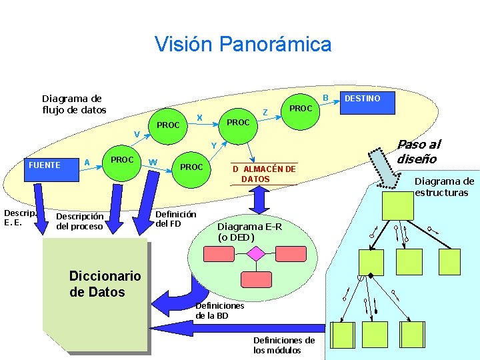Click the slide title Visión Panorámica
(243, 45)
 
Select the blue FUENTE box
(45, 165)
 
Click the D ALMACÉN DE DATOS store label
(263, 174)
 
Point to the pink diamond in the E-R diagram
(256, 254)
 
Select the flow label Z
(265, 113)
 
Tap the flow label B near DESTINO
(326, 98)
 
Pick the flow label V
(136, 135)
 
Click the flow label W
(153, 161)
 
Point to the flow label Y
(213, 146)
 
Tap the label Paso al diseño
(419, 151)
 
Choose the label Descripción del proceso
(80, 221)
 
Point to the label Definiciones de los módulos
(283, 345)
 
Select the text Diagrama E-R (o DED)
(250, 231)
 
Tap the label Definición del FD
(175, 219)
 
